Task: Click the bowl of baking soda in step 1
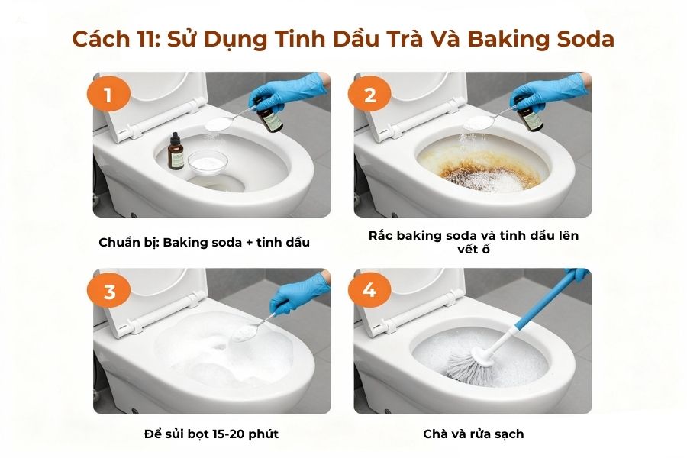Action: coord(208,161)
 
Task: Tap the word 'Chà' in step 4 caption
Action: coord(435,434)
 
